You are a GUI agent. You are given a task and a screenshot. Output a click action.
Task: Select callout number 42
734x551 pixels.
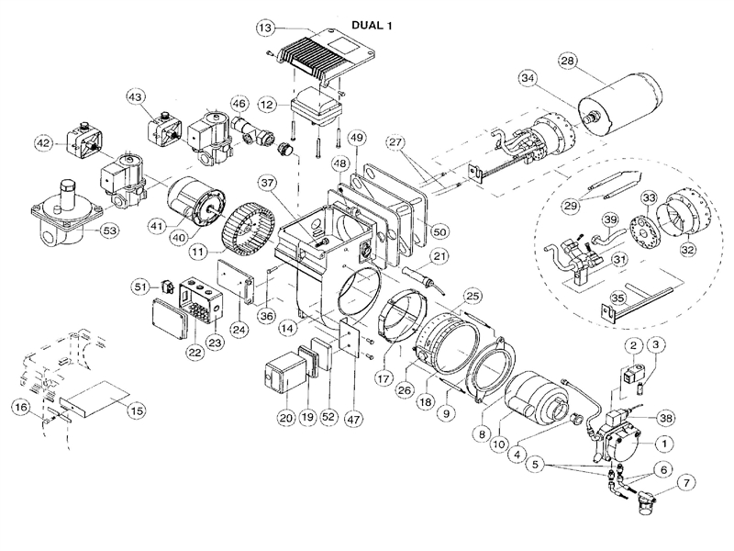pos(43,143)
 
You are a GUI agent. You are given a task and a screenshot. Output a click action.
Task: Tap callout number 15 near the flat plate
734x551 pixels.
pos(137,410)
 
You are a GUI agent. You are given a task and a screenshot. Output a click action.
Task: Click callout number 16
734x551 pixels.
pos(20,407)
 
